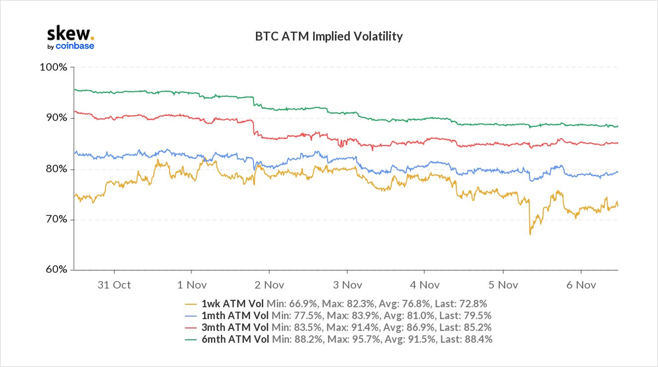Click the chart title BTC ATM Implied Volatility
[x=329, y=37]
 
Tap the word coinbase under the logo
[x=75, y=46]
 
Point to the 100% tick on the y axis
[x=54, y=67]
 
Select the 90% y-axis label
[x=55, y=118]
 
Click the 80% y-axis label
[x=55, y=169]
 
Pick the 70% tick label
[x=55, y=220]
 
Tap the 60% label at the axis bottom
[x=55, y=270]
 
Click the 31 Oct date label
[x=114, y=285]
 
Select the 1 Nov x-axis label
[x=191, y=285]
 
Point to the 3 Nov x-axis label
[x=347, y=285]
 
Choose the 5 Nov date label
[x=503, y=285]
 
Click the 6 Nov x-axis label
[x=581, y=285]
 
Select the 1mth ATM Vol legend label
[x=235, y=316]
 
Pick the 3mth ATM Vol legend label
[x=235, y=328]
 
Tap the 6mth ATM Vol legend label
[x=235, y=340]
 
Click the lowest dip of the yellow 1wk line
[x=530, y=234]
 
